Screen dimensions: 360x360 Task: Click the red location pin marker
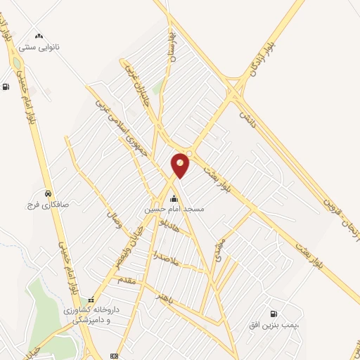click(181, 164)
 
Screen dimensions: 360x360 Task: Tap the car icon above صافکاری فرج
click(47, 193)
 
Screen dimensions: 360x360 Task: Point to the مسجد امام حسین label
click(174, 210)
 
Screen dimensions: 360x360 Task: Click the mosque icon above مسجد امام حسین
click(174, 198)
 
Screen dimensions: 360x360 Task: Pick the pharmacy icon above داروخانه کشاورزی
click(91, 300)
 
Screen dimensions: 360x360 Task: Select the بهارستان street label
click(170, 46)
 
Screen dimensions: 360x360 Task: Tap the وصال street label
click(114, 224)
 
